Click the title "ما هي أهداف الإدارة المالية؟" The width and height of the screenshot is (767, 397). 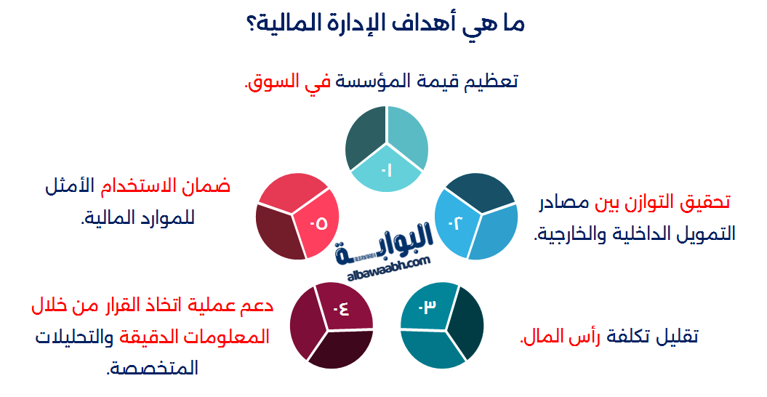tap(384, 24)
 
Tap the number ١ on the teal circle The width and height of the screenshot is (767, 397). tap(387, 171)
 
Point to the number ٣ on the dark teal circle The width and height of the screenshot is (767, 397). tap(428, 307)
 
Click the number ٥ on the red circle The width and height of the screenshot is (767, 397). tap(318, 223)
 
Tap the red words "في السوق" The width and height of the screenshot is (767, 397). tap(286, 81)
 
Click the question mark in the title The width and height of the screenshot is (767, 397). tap(251, 24)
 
